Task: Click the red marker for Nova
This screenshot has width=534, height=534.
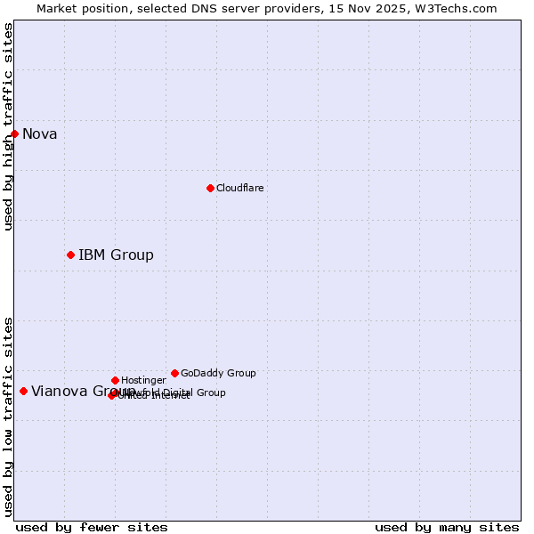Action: tap(14, 133)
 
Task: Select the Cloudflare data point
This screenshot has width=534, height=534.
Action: tap(210, 188)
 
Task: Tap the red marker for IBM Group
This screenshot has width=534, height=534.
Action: tap(70, 255)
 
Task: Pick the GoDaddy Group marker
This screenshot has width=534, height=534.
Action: tap(174, 373)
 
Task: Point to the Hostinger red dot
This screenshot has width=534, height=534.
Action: tap(115, 380)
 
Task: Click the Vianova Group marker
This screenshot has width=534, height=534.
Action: tap(23, 391)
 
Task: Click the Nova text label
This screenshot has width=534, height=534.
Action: tap(39, 134)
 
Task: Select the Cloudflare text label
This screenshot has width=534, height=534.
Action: tap(239, 189)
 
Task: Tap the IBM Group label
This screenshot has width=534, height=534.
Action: tap(116, 255)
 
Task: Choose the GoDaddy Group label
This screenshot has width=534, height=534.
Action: tap(218, 374)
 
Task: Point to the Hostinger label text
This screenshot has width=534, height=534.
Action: tap(143, 381)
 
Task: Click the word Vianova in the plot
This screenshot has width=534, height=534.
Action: tap(58, 392)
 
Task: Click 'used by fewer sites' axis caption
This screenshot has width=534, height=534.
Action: tap(92, 527)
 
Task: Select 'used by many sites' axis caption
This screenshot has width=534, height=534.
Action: tap(447, 527)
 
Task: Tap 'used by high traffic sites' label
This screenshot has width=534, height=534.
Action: tap(9, 126)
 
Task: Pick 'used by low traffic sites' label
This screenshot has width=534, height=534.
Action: tap(9, 417)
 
